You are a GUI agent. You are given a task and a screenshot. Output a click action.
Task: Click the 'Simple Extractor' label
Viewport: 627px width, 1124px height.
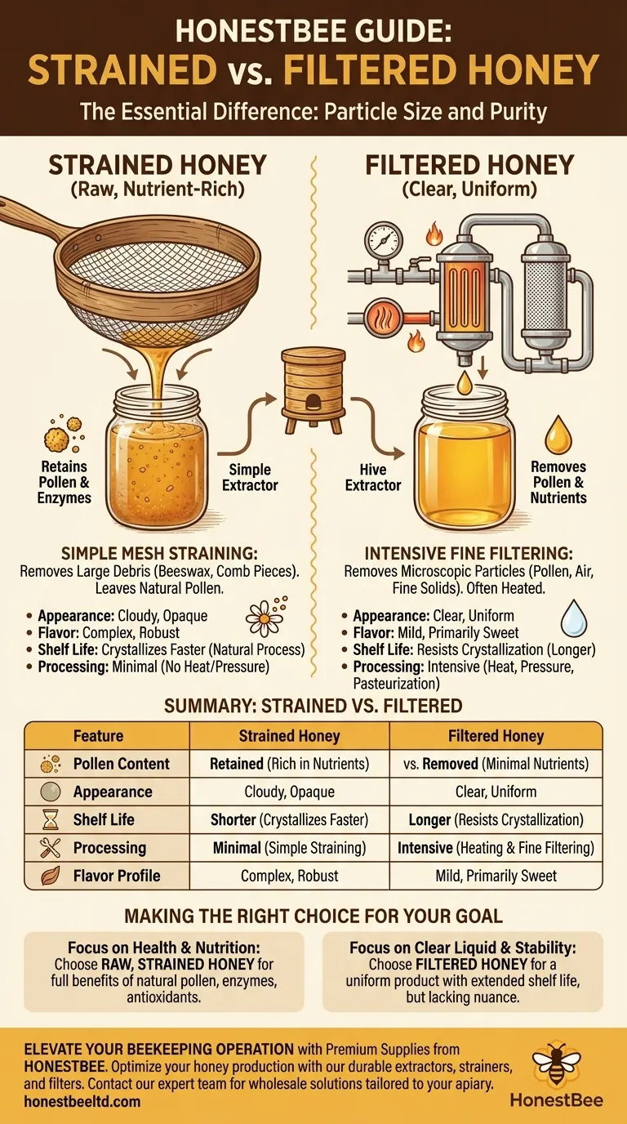pyautogui.click(x=250, y=477)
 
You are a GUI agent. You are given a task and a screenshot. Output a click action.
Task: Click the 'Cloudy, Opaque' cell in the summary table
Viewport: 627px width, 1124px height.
pyautogui.click(x=289, y=792)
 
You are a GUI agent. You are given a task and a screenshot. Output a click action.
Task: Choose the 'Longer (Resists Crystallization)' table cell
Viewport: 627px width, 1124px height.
pyautogui.click(x=496, y=819)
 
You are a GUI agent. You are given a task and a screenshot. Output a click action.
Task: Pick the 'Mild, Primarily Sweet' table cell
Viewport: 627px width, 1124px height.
pyautogui.click(x=496, y=876)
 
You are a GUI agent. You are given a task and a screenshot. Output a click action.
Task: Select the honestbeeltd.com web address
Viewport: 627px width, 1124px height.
pyautogui.click(x=82, y=1101)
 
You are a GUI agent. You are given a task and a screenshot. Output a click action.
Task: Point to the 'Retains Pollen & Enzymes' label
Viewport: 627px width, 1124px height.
pyautogui.click(x=64, y=482)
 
